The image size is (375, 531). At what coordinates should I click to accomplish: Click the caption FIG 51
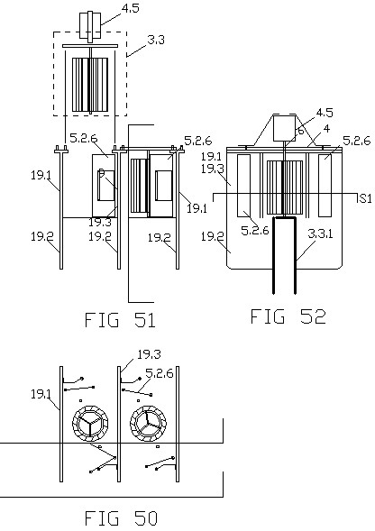pos(120,320)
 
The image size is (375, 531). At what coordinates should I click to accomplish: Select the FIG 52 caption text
pos(288,316)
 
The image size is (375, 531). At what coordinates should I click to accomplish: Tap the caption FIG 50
pos(121,518)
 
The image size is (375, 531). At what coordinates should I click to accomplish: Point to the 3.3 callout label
pos(156,40)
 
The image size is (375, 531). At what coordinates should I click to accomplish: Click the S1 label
pos(365,198)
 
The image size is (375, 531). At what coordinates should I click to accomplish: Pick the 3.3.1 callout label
pos(320,234)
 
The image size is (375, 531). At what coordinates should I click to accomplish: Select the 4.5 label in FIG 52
pos(325,113)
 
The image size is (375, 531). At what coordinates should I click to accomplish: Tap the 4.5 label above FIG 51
pos(131,8)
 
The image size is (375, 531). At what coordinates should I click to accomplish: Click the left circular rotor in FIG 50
pos(90,423)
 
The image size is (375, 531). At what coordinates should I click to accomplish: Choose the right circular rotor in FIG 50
pos(148,423)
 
